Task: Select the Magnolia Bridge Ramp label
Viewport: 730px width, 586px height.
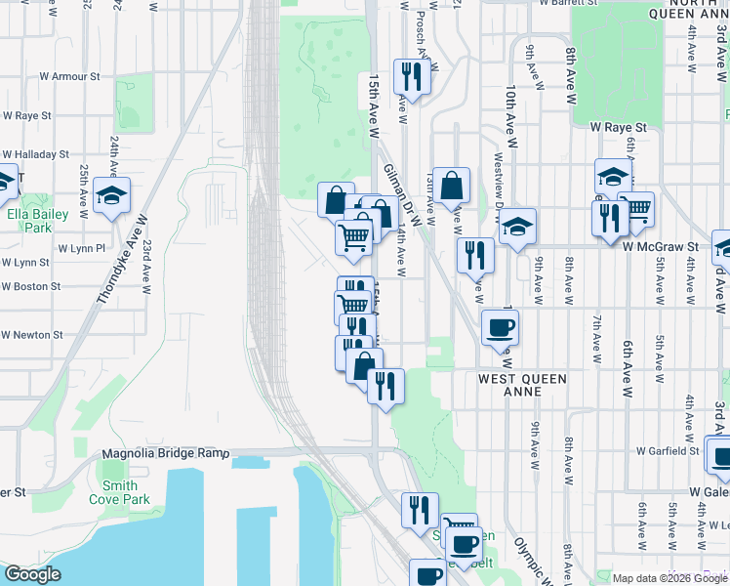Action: (x=165, y=454)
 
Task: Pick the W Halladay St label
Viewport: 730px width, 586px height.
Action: (x=35, y=154)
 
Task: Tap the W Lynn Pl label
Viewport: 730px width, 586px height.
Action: (x=81, y=249)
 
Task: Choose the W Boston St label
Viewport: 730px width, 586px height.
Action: (x=31, y=287)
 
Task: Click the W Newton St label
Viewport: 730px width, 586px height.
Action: (x=31, y=334)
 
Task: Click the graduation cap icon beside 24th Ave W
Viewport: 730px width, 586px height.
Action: (x=112, y=194)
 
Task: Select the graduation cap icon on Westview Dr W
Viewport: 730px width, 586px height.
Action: (x=517, y=225)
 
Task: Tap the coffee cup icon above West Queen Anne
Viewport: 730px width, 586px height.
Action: (x=501, y=327)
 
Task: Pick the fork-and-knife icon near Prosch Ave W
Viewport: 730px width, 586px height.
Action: (x=411, y=75)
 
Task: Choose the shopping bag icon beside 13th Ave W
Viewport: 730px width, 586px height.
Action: (x=452, y=185)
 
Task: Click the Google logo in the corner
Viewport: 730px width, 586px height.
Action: (x=33, y=574)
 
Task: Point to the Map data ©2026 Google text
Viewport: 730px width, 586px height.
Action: (x=669, y=578)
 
